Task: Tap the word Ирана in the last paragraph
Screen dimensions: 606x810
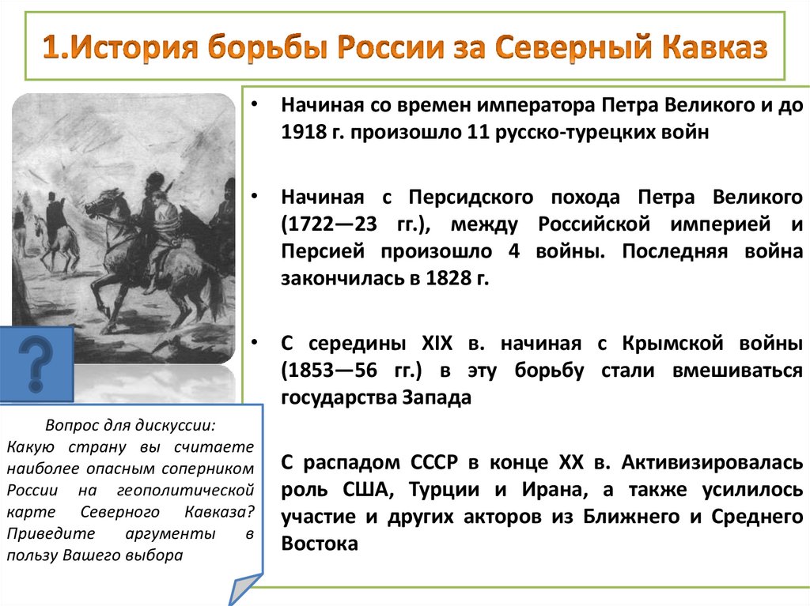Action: click(x=552, y=489)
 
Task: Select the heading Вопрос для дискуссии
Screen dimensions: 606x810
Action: click(x=130, y=424)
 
